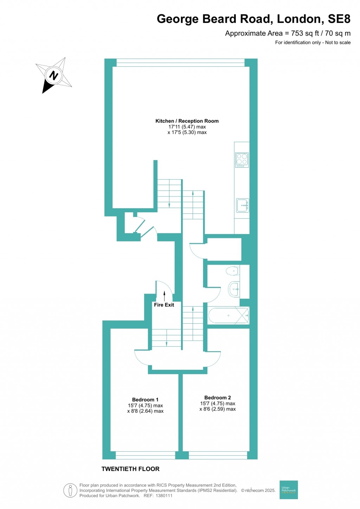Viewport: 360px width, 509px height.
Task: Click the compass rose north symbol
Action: point(54,75)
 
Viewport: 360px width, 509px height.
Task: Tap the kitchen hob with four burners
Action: point(242,160)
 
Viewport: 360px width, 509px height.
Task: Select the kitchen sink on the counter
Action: point(242,205)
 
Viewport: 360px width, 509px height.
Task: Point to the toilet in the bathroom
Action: point(232,271)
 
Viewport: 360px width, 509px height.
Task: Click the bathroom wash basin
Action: point(234,289)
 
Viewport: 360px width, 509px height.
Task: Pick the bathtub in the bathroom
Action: point(229,315)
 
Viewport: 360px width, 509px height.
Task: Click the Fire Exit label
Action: point(164,305)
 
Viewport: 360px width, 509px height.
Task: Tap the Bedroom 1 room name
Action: point(145,399)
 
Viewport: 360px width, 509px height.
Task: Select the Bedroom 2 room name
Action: point(218,398)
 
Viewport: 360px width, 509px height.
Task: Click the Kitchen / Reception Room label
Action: point(187,121)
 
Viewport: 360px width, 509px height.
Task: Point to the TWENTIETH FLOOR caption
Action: point(130,469)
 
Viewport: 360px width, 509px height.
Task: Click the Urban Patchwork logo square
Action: point(289,490)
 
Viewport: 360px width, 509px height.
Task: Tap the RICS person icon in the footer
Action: point(70,490)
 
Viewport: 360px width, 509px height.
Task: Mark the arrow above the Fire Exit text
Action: point(164,296)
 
